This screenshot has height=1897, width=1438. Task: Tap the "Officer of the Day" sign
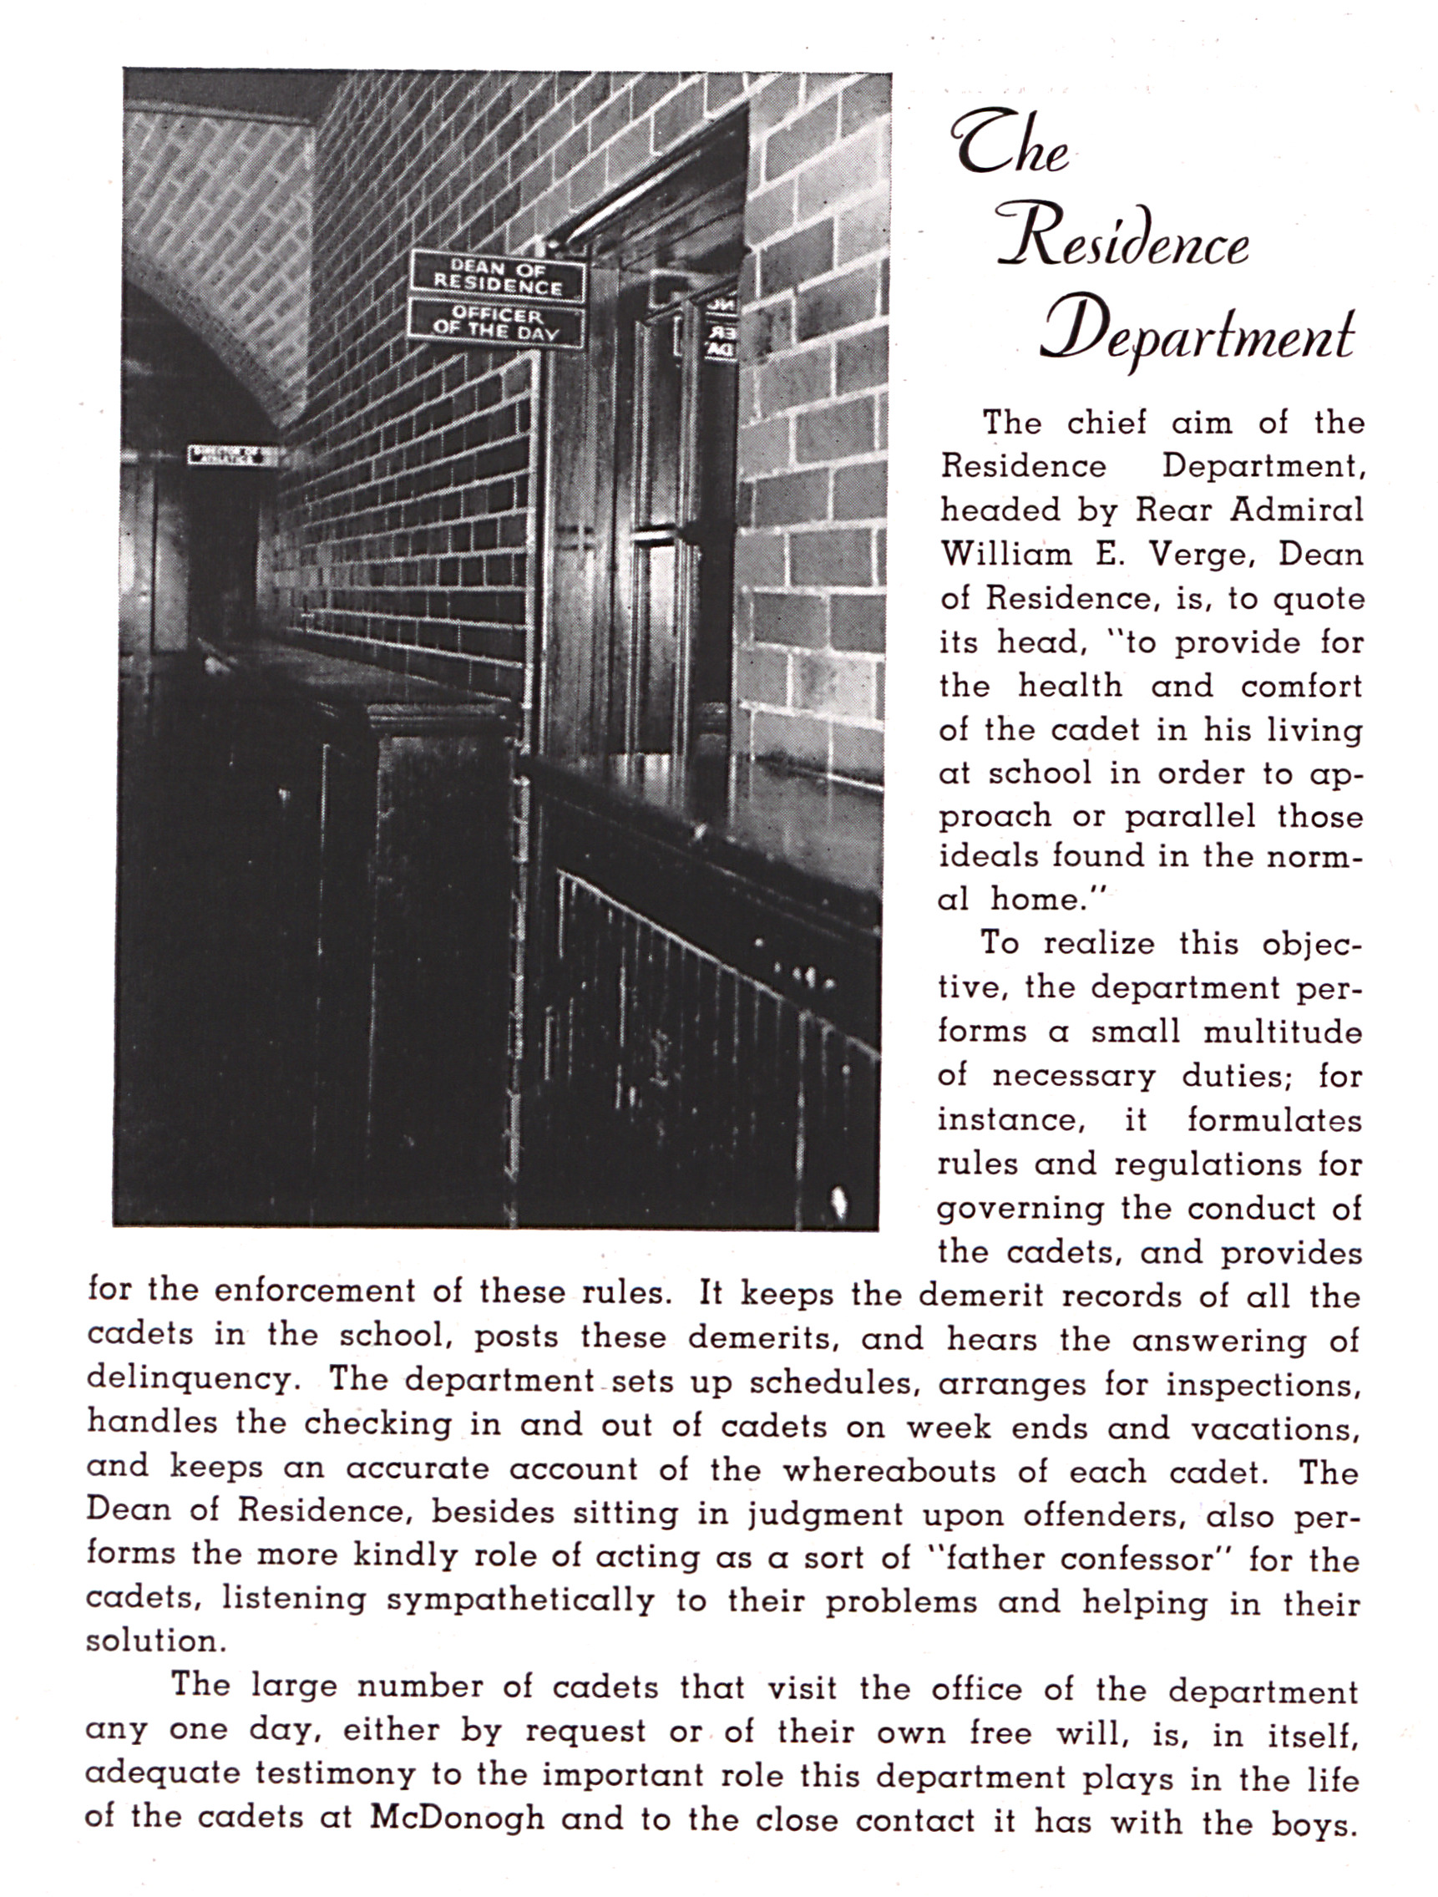pyautogui.click(x=496, y=322)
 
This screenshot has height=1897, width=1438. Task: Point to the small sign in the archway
pyautogui.click(x=232, y=454)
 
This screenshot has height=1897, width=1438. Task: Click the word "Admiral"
pyautogui.click(x=1297, y=510)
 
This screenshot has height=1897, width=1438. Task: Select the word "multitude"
pyautogui.click(x=1282, y=1031)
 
